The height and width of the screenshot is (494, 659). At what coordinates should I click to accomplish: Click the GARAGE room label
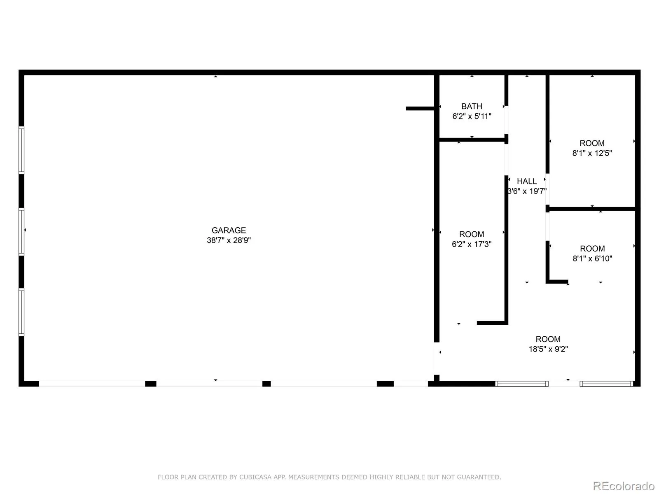229,231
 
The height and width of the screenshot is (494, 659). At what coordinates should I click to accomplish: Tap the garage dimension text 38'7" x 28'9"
229,240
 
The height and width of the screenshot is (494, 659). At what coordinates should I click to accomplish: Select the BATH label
472,106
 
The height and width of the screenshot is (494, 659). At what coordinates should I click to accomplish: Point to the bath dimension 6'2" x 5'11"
472,117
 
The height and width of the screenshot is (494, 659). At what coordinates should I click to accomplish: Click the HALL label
527,181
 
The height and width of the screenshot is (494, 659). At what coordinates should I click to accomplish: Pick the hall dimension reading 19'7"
527,191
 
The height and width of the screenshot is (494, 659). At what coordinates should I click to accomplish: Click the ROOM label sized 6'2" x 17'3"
472,234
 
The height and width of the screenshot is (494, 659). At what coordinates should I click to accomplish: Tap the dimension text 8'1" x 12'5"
592,153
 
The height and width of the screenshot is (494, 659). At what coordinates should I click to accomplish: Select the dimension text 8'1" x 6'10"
592,259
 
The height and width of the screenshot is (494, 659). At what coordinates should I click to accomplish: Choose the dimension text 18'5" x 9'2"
548,349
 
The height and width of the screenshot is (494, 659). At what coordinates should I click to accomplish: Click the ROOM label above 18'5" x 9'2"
548,339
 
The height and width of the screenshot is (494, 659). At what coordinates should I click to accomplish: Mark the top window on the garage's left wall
21,150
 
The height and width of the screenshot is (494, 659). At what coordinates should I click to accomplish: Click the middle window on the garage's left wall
21,232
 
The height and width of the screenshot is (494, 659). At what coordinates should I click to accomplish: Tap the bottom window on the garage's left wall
21,312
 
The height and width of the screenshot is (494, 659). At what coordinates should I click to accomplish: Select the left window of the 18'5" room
521,384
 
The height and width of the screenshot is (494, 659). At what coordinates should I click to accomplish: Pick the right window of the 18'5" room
606,384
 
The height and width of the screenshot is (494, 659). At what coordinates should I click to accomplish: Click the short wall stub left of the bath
419,109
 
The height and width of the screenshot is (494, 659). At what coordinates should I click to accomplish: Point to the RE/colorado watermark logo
624,486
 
